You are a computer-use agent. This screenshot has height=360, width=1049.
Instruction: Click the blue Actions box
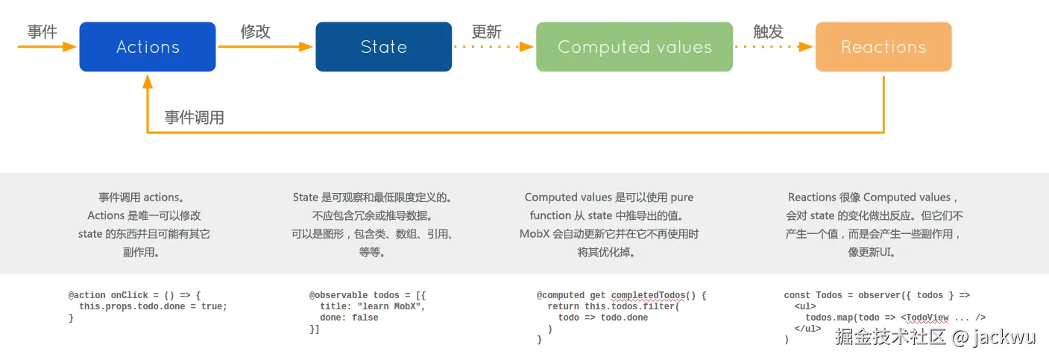pyautogui.click(x=148, y=47)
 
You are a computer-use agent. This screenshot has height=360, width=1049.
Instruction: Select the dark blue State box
pyautogui.click(x=383, y=47)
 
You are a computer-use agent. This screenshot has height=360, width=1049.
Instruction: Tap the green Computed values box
pyautogui.click(x=634, y=47)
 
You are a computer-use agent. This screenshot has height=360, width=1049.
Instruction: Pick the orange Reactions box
pyautogui.click(x=883, y=47)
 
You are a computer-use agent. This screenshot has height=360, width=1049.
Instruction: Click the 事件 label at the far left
pyautogui.click(x=42, y=31)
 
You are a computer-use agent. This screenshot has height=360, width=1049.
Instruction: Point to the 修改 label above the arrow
pyautogui.click(x=255, y=31)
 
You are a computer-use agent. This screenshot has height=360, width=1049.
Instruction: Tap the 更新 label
pyautogui.click(x=487, y=32)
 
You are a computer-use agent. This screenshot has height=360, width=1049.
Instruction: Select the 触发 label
pyautogui.click(x=768, y=31)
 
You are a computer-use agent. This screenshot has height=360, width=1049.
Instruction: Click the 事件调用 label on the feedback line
pyautogui.click(x=194, y=118)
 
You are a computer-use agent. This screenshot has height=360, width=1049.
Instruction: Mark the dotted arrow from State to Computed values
pyautogui.click(x=494, y=47)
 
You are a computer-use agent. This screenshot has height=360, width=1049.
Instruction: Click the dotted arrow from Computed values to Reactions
pyautogui.click(x=773, y=47)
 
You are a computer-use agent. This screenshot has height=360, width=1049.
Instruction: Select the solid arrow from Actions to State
pyautogui.click(x=265, y=47)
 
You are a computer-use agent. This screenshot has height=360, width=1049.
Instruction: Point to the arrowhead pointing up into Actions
pyautogui.click(x=148, y=78)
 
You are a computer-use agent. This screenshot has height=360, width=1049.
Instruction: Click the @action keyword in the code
pyautogui.click(x=87, y=296)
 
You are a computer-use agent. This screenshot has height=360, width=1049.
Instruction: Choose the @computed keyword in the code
pyautogui.click(x=561, y=296)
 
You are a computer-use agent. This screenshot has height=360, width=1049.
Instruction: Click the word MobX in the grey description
pyautogui.click(x=534, y=234)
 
